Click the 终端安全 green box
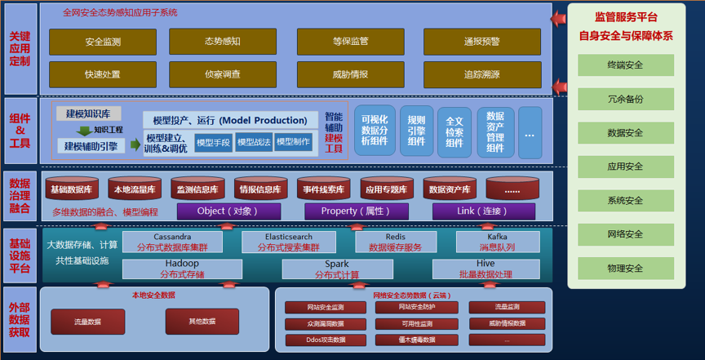[x=625, y=64]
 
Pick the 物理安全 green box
[x=625, y=268]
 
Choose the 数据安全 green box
[x=625, y=132]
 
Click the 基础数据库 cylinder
[x=72, y=189]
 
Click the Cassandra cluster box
[x=172, y=242]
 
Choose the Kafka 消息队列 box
[x=498, y=242]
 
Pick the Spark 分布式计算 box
[x=337, y=269]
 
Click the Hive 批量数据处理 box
[x=486, y=269]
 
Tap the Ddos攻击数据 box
[x=314, y=339]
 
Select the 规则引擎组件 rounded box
[x=416, y=131]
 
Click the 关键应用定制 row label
[x=19, y=49]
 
